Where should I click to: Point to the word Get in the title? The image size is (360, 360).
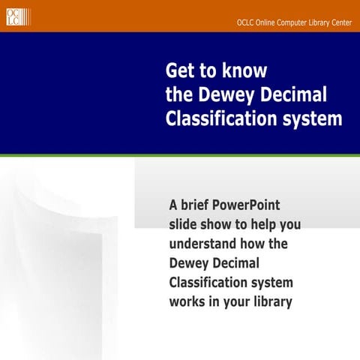coord(179,71)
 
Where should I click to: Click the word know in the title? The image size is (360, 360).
coord(246,71)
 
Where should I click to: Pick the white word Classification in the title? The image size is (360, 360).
coord(219,118)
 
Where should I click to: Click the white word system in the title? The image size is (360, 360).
coord(310,118)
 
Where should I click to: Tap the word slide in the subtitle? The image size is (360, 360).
coord(185,224)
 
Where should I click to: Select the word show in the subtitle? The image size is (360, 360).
coord(223,224)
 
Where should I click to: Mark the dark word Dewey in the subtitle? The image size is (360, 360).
coord(190,263)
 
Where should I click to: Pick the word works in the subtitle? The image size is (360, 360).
coord(188,302)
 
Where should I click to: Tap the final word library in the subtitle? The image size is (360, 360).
coord(271,302)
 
